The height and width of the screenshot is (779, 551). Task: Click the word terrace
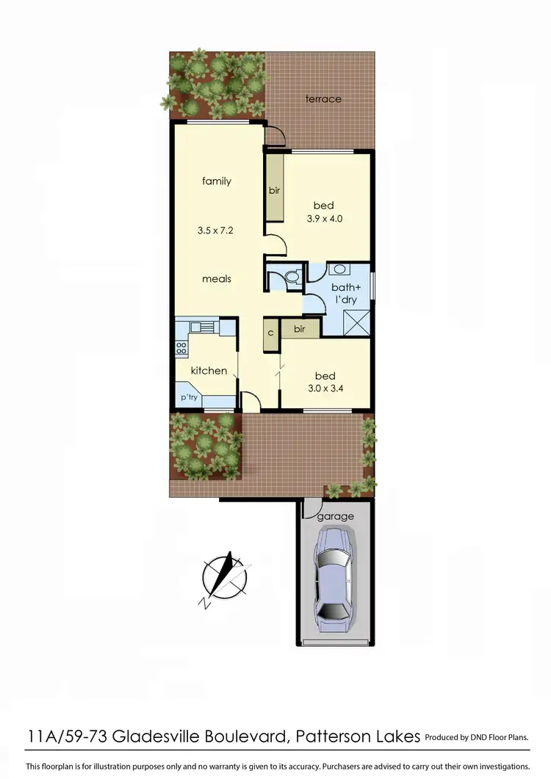tap(323, 98)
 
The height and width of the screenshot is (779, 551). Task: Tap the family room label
tap(217, 181)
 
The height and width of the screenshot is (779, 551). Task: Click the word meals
tap(217, 279)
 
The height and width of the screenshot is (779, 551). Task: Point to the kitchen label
tap(209, 371)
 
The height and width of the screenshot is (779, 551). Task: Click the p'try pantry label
tap(190, 398)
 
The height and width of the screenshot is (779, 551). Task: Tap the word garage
tap(336, 516)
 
